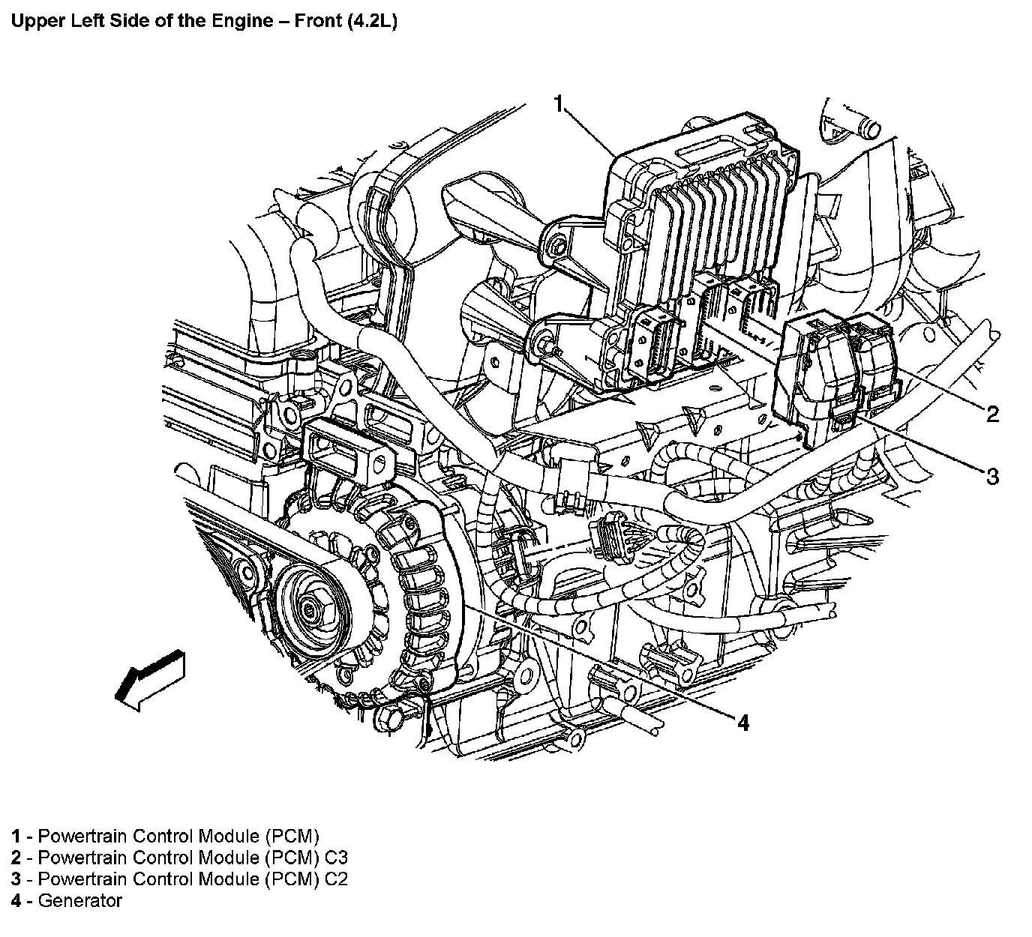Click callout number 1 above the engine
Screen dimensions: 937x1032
pos(558,103)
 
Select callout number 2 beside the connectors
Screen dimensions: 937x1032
pos(991,414)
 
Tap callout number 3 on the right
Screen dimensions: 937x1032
pos(991,476)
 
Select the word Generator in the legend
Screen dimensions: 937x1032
pos(79,900)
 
